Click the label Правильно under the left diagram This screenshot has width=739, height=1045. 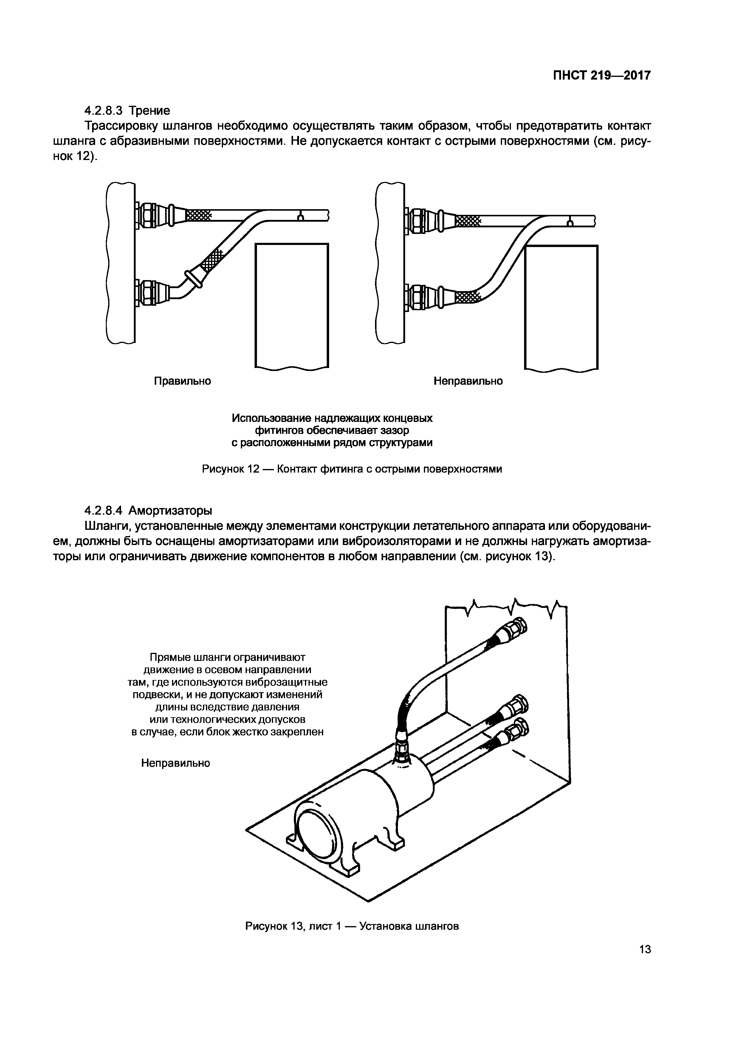click(x=182, y=381)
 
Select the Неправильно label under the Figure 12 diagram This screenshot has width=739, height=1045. click(x=468, y=381)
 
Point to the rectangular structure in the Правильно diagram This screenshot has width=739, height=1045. click(x=292, y=305)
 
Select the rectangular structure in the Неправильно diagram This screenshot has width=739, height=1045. click(x=561, y=307)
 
